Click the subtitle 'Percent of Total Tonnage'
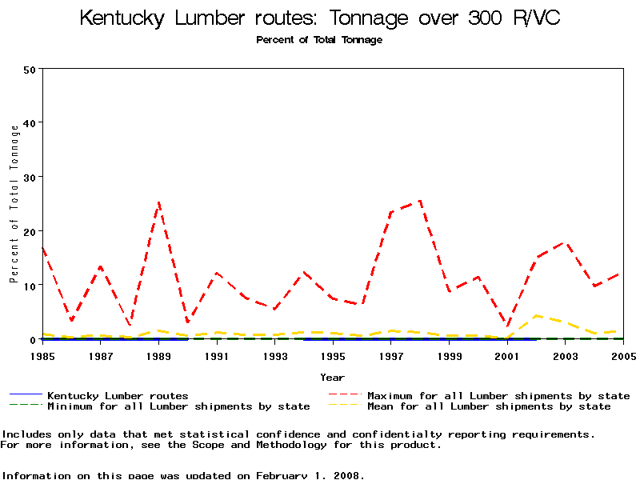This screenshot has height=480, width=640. click(319, 40)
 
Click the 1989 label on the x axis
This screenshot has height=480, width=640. click(158, 355)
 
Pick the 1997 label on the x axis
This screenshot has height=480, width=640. click(391, 355)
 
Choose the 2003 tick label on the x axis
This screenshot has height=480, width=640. click(566, 355)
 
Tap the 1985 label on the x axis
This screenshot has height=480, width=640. click(42, 355)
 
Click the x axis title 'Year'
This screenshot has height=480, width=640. click(333, 377)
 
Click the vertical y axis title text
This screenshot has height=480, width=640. click(14, 204)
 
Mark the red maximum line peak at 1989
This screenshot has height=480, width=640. click(158, 202)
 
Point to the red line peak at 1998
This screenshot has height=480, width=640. click(420, 201)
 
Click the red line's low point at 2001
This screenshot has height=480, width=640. click(507, 327)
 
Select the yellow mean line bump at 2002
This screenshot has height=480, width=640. click(536, 315)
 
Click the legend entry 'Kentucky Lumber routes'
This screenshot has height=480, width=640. click(118, 395)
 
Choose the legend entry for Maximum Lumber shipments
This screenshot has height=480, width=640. click(498, 395)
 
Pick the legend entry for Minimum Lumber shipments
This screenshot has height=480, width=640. click(178, 406)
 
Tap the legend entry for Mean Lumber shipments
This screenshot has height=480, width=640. click(488, 406)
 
